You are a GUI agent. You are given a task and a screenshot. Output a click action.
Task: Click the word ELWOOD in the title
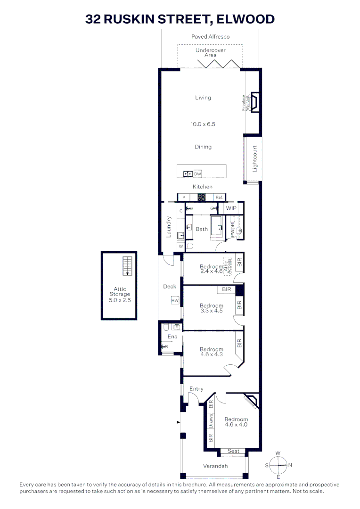click(x=245, y=19)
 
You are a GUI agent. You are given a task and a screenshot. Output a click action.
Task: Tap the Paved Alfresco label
click(x=210, y=36)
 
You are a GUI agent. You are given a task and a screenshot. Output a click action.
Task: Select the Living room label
click(x=203, y=98)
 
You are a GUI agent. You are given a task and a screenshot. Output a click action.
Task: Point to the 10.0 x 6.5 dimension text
click(x=203, y=124)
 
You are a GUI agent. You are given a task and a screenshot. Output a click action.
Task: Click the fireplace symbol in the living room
click(x=255, y=102)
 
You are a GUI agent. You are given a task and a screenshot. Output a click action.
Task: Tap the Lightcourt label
click(x=255, y=159)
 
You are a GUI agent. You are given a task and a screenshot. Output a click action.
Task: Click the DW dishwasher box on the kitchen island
click(x=197, y=174)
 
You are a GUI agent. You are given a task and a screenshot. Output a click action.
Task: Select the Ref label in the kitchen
click(x=219, y=197)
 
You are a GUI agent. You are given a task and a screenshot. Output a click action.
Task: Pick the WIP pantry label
click(x=231, y=208)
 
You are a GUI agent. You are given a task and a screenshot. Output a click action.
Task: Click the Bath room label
click(x=202, y=229)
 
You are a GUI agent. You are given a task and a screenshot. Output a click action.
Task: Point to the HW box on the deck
click(x=175, y=300)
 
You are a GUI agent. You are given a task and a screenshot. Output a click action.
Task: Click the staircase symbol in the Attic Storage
click(x=127, y=266)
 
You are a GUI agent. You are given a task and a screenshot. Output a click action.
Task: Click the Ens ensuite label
click(x=172, y=337)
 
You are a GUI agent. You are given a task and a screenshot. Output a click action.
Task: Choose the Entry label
click(x=196, y=389)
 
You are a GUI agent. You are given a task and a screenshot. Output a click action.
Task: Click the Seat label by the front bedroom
click(x=233, y=451)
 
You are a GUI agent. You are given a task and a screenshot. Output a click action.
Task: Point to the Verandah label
click(x=215, y=466)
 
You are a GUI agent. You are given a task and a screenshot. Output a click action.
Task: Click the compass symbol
click(x=278, y=465)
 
